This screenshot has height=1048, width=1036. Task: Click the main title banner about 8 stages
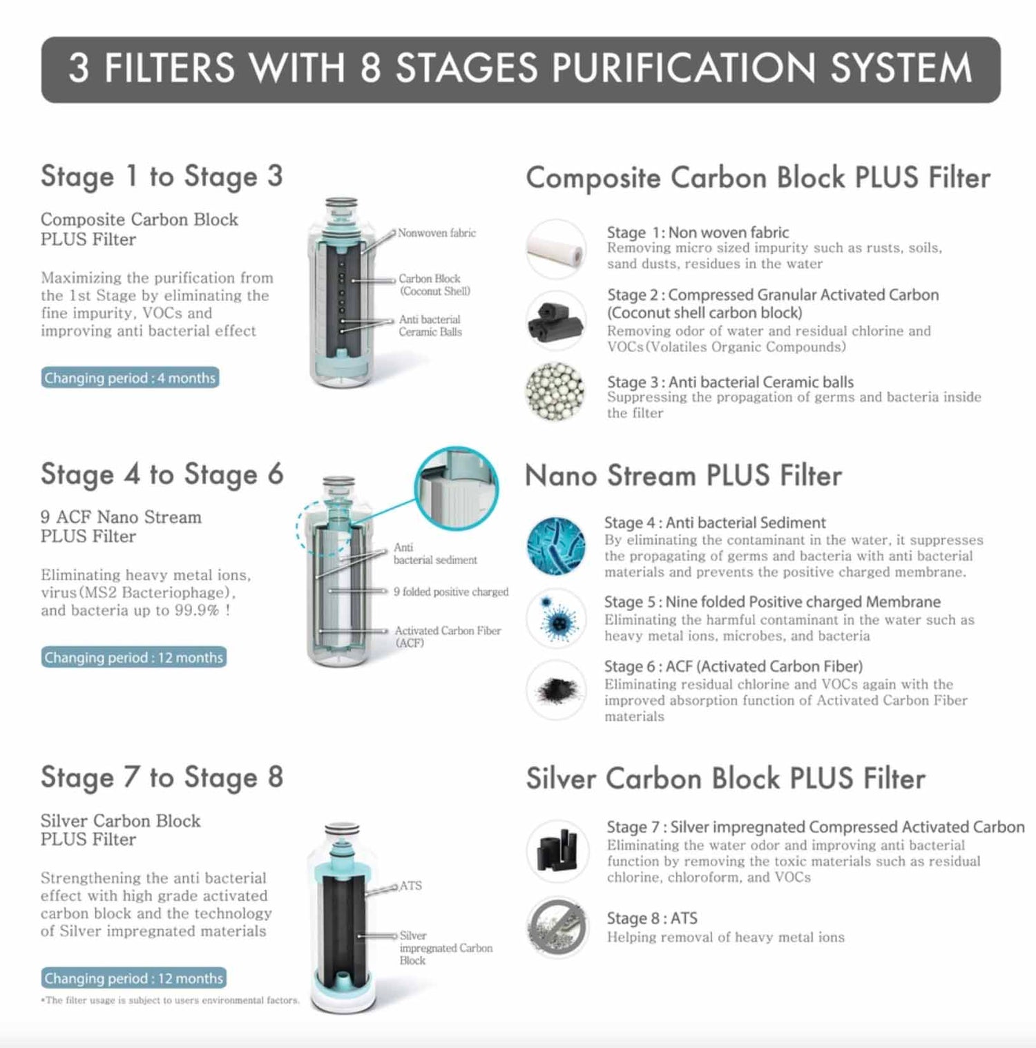pos(520,70)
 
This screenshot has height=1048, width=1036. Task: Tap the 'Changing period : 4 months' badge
pos(130,378)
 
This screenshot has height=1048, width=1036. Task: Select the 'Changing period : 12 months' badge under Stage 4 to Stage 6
pos(133,657)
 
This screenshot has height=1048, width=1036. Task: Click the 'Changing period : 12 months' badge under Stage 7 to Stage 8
pos(133,978)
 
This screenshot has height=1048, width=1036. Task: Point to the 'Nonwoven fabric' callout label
pos(437,233)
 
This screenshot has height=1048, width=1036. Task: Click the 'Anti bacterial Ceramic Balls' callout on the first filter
pos(430,326)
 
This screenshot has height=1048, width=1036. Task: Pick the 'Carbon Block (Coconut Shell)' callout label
pos(434,285)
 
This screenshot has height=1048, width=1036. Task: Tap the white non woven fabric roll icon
pos(556,249)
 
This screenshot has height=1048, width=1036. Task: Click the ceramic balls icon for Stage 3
pos(555,391)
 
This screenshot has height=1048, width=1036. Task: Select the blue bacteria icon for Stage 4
pos(556,545)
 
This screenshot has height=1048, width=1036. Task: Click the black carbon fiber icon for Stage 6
pos(556,690)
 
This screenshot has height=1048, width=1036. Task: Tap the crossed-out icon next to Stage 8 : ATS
pos(557,927)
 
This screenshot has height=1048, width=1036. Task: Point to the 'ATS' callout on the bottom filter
pos(410,886)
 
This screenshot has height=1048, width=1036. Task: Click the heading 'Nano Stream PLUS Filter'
pos(683,476)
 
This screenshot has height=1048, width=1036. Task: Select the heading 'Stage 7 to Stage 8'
pos(162,777)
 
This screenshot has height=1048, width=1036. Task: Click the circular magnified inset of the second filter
pos(457,489)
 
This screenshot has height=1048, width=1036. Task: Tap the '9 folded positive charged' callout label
pos(451,592)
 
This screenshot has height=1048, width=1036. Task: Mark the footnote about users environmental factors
pos(171,1000)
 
